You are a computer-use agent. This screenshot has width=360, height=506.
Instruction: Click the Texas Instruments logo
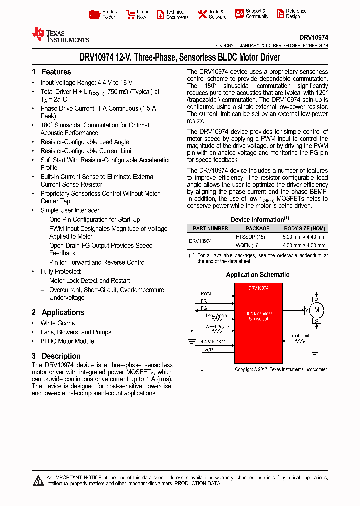pos(60,35)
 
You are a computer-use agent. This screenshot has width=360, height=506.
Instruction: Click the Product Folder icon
pos(94,14)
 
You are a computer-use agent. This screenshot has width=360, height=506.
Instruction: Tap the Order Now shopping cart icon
pos(130,14)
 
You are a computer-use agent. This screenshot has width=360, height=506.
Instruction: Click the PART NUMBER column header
pos(210,228)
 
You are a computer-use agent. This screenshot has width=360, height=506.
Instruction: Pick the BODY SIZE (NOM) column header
pos(304,228)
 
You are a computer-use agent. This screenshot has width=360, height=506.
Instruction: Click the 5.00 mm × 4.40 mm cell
pos(304,237)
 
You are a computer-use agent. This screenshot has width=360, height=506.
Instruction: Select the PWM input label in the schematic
pos(206,294)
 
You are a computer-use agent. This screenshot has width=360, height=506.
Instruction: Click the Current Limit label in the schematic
pos(297,335)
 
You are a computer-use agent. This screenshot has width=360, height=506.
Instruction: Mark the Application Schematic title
pos(257,275)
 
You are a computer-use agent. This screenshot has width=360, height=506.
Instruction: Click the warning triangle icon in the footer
pos(38,481)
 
